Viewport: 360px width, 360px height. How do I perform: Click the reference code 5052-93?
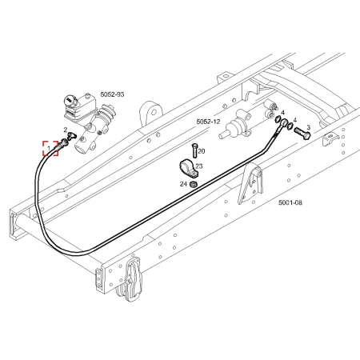112,94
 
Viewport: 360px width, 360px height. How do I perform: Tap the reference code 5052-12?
208,122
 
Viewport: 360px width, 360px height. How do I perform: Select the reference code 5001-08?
290,202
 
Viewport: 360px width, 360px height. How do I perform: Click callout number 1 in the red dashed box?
49,148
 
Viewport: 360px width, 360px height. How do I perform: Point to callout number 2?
66,130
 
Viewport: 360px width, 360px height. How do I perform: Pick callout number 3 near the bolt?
308,127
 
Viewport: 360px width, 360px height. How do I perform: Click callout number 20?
202,151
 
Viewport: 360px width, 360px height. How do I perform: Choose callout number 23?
199,166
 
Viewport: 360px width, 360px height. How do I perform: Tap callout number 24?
183,184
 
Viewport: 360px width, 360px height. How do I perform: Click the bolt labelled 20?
194,151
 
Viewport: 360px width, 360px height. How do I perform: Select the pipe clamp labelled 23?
189,169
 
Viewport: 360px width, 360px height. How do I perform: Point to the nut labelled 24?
193,184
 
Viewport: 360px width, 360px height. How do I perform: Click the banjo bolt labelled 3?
302,132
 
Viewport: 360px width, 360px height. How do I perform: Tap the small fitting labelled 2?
71,136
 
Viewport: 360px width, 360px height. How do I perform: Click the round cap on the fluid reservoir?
69,101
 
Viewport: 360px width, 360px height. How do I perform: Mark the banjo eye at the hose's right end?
284,123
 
